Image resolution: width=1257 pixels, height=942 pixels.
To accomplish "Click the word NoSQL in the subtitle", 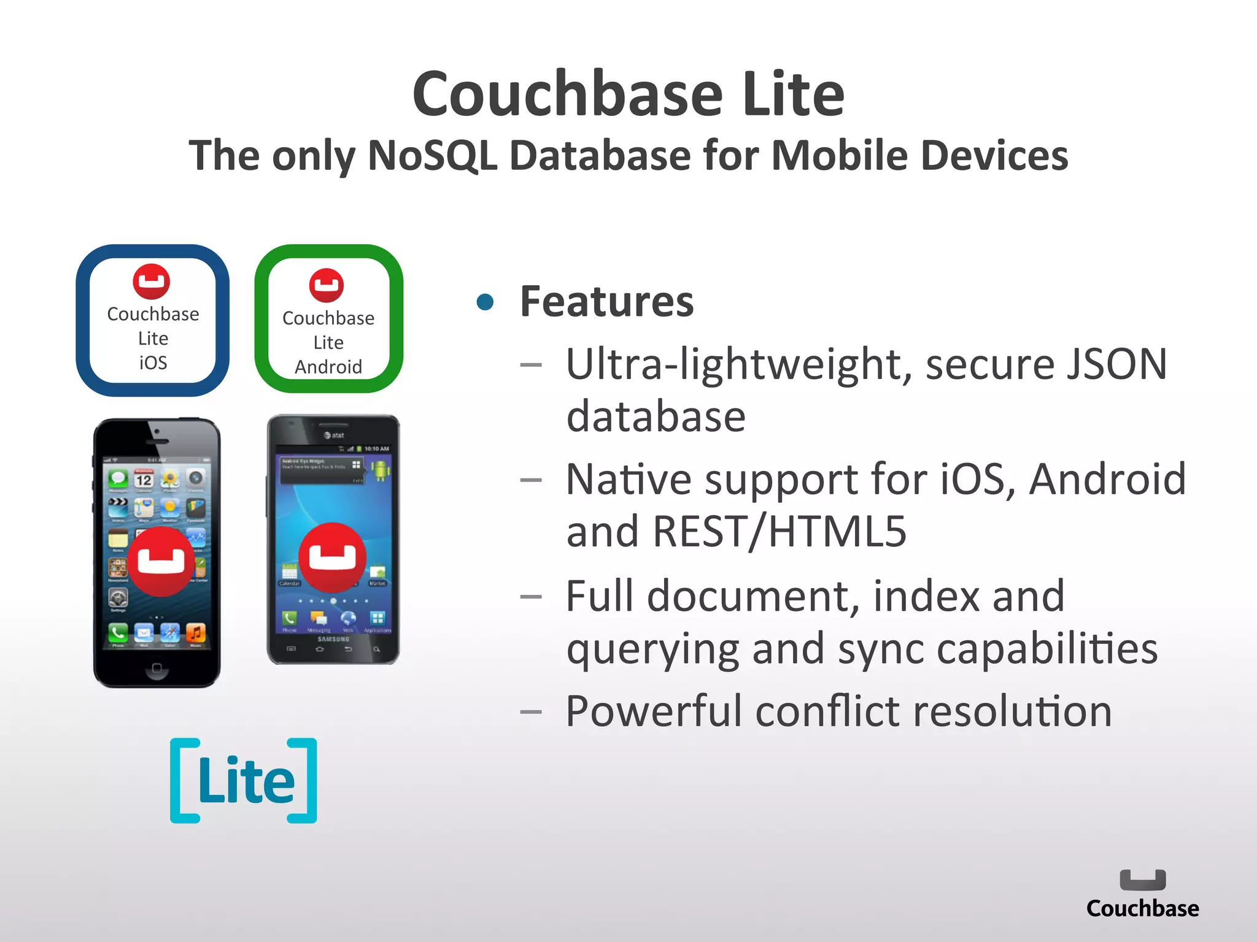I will click(431, 155).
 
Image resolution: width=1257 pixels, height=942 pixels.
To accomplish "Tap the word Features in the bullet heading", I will click(606, 302).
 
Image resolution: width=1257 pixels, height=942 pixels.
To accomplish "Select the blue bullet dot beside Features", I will click(485, 302).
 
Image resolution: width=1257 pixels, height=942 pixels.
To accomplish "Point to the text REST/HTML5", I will click(779, 531).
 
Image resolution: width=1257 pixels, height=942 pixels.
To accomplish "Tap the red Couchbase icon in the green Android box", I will click(327, 286).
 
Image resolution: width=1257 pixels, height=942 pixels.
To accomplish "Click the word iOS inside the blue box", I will click(153, 363).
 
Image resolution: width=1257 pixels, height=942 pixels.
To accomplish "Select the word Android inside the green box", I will click(328, 367).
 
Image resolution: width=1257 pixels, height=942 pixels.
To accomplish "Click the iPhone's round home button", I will click(157, 668).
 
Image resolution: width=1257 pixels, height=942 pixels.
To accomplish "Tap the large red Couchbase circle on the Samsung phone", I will click(332, 557).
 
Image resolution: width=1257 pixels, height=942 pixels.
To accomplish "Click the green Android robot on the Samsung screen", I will click(381, 471).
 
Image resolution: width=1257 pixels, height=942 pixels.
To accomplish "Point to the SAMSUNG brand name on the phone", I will click(333, 639).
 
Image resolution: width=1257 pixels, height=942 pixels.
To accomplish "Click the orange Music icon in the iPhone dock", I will click(195, 632).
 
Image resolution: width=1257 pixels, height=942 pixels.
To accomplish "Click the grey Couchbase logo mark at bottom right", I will click(1142, 880).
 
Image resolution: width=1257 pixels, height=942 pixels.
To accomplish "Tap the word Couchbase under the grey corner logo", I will click(1142, 908).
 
